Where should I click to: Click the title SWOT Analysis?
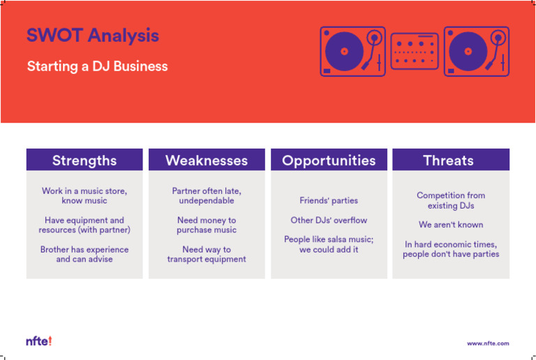tap(93, 36)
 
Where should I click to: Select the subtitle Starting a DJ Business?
tap(97, 67)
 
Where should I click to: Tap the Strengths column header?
tap(84, 160)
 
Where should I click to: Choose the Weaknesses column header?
tap(207, 160)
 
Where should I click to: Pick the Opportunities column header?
tap(329, 160)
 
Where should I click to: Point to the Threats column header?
tap(450, 160)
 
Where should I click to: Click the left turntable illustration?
tap(352, 52)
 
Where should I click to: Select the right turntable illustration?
tap(476, 52)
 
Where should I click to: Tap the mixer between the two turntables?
tap(415, 52)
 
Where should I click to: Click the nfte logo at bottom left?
tap(39, 342)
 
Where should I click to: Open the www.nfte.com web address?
tap(488, 343)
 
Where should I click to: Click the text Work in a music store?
tap(84, 195)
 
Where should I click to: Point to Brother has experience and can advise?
tap(84, 254)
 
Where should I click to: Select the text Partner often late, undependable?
tap(207, 195)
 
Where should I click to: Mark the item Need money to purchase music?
tap(207, 225)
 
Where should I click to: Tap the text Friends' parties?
tap(329, 201)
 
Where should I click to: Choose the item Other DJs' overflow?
tap(329, 220)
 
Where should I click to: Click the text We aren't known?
tap(451, 225)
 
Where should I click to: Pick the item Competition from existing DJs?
tap(451, 201)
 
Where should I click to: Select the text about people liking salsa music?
tap(329, 244)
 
